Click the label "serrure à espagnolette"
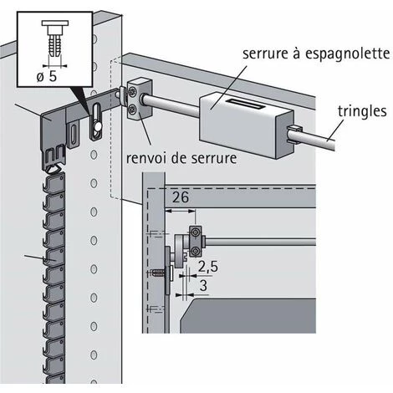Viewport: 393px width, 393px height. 316,54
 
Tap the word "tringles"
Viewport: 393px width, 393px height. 362,111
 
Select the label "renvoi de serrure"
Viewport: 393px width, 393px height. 181,158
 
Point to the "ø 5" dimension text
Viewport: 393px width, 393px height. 47,76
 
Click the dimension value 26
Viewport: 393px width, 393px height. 181,197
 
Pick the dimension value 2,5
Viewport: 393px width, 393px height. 208,267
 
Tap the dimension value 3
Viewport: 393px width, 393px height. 204,285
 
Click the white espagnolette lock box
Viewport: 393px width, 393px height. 247,124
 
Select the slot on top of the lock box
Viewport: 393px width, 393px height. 245,103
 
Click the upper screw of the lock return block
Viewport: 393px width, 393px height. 132,92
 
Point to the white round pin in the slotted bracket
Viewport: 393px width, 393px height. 98,127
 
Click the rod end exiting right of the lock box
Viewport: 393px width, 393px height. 311,137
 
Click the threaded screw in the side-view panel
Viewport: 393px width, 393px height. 158,273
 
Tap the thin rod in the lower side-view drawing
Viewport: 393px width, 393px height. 261,242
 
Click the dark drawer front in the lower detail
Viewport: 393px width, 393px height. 248,316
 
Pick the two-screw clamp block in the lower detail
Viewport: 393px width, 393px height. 196,242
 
